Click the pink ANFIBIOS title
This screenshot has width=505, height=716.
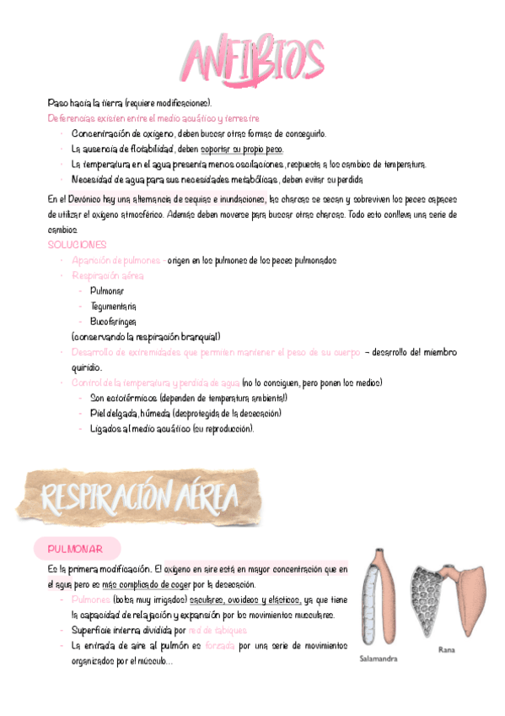pos(253,59)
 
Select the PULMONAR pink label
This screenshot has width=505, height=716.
pos(76,550)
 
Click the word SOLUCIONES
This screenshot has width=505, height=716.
pos(78,245)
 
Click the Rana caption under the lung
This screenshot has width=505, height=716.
pos(447,650)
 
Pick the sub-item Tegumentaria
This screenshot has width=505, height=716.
pos(113,306)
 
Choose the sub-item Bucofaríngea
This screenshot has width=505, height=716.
pos(114,321)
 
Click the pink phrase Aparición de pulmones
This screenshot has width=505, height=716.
pos(116,260)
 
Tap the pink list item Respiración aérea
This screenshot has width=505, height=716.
pos(108,275)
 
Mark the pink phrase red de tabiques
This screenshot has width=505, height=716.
pos(218,631)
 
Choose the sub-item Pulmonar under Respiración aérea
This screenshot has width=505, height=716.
pos(107,290)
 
